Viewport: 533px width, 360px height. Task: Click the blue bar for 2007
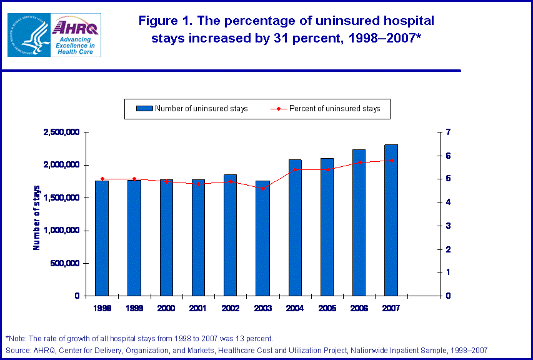tap(391, 220)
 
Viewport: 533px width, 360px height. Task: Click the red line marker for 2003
tap(262, 188)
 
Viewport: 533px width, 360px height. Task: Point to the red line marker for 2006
tap(359, 162)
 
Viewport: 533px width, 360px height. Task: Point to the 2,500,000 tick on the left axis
tap(61, 132)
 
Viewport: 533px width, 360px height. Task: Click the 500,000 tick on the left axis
tap(65, 263)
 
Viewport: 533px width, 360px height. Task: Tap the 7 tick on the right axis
tap(447, 132)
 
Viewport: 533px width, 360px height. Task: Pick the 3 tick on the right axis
tap(447, 226)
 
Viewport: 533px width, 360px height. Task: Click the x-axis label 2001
tap(198, 307)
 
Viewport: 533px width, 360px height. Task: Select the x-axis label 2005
tap(327, 307)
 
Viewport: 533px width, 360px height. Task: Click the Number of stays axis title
tap(36, 217)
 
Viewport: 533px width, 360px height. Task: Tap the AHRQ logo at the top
tap(76, 34)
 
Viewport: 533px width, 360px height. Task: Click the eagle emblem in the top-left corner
tap(28, 34)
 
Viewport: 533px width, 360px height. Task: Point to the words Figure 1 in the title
tap(164, 21)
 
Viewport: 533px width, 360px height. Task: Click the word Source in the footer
tap(17, 350)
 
